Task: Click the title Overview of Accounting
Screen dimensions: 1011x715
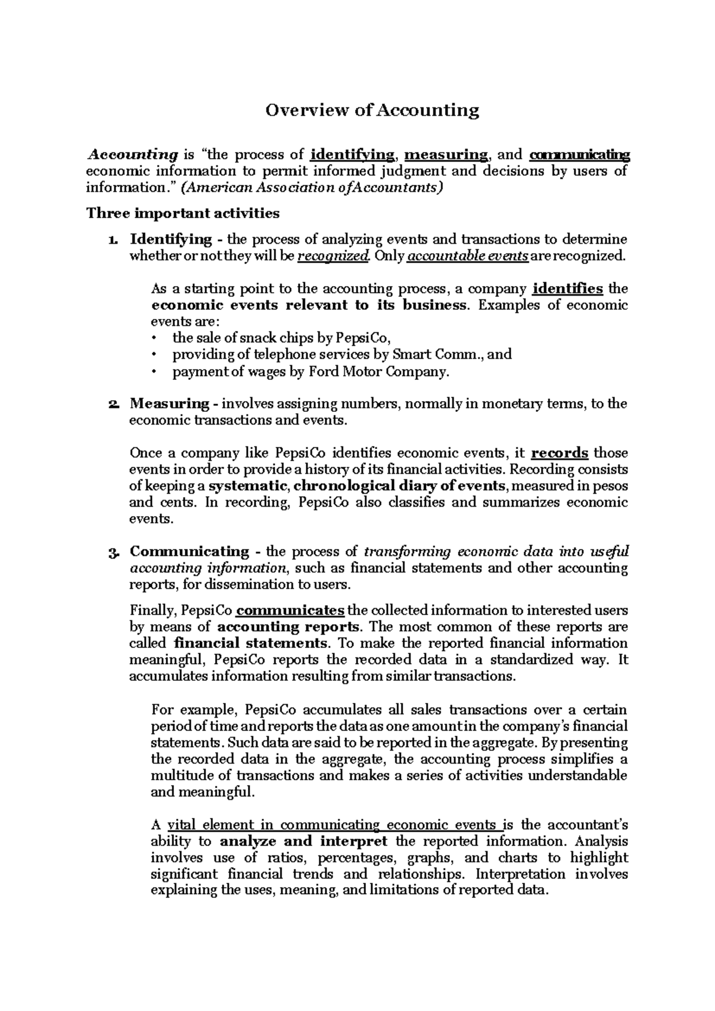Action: point(372,110)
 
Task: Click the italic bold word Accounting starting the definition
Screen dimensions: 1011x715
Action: point(132,155)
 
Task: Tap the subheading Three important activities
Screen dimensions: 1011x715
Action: point(183,213)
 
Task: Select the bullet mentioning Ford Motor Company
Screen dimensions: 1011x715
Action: point(310,372)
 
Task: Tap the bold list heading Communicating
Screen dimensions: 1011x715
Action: point(189,551)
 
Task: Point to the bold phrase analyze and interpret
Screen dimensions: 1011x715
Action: point(304,842)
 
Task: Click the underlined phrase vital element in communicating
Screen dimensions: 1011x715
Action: point(273,826)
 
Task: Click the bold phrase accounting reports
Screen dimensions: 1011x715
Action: point(288,627)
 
